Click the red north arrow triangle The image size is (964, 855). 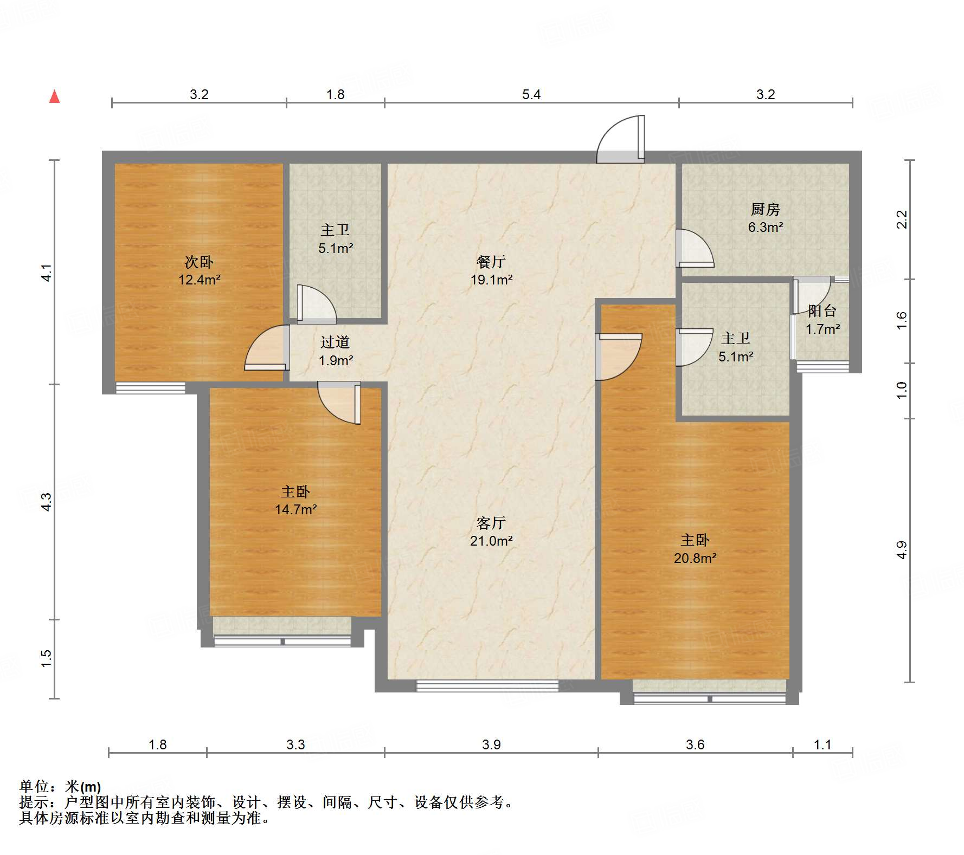click(54, 97)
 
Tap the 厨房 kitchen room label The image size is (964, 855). click(765, 209)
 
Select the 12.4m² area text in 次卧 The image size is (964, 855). click(200, 280)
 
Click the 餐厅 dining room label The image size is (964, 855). click(491, 262)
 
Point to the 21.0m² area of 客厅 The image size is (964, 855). click(491, 541)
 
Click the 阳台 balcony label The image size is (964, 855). click(822, 311)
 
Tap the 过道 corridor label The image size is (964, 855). click(335, 342)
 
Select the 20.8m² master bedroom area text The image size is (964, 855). click(695, 558)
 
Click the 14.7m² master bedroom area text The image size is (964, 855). click(295, 510)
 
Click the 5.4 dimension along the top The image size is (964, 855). click(531, 95)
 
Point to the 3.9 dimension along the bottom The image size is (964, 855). click(491, 745)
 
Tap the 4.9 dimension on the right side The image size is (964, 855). click(901, 550)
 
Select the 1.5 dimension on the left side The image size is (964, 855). click(47, 658)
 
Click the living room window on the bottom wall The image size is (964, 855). click(487, 686)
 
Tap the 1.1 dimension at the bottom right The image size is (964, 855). click(822, 745)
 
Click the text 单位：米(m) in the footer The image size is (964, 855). click(60, 786)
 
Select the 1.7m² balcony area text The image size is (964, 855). click(822, 329)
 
